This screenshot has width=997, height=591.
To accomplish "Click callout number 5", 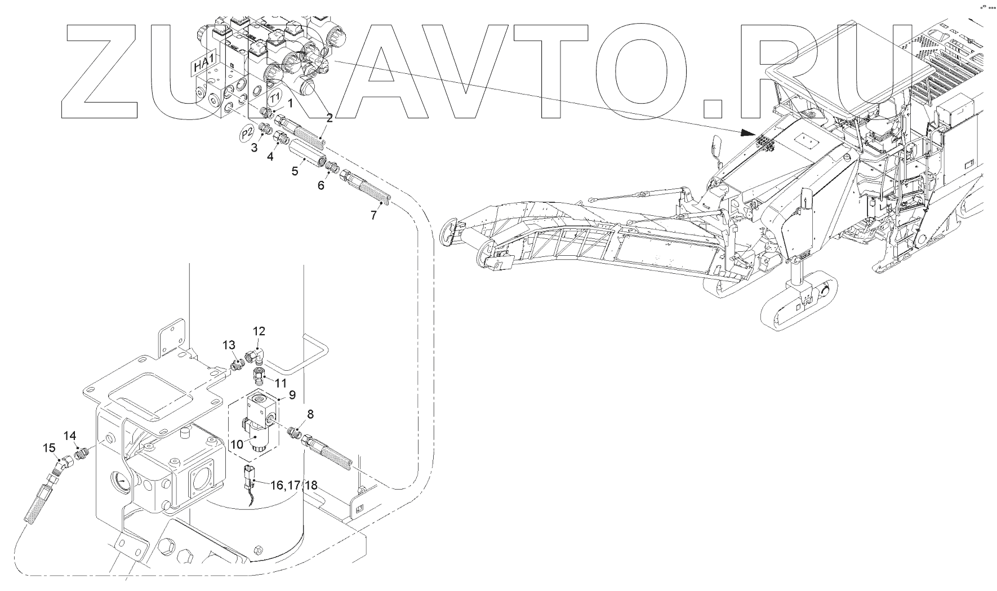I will pos(295,171).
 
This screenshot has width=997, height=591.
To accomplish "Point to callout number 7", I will pos(373,215).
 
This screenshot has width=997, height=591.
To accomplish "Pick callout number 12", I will pos(259,331).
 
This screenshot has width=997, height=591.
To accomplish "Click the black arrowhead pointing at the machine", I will pos(747,133).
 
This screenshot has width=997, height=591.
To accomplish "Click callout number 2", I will pos(330,118).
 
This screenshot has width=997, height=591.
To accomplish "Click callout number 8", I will pos(310,415).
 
